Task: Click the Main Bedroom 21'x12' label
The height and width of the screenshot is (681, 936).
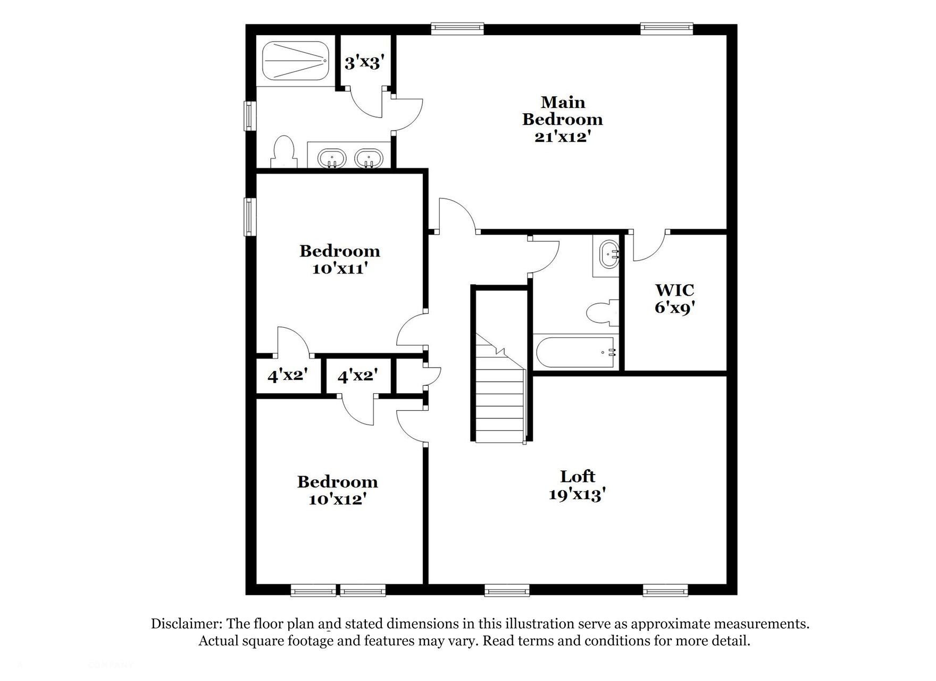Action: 563,119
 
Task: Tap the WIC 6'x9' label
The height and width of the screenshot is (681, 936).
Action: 674,298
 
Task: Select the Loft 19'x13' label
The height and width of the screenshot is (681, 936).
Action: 578,485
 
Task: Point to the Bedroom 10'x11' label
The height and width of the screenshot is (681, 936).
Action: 339,259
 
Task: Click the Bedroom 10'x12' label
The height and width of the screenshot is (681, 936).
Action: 337,490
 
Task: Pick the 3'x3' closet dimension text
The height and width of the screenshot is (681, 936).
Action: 364,63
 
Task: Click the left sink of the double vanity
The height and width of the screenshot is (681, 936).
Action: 332,158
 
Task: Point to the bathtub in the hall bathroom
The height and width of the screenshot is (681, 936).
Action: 574,352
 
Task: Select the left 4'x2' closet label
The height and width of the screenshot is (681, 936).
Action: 288,376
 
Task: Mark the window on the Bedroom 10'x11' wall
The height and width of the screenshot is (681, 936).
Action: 248,217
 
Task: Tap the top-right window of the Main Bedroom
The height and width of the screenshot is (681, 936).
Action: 666,28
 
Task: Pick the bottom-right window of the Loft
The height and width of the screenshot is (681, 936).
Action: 665,589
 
